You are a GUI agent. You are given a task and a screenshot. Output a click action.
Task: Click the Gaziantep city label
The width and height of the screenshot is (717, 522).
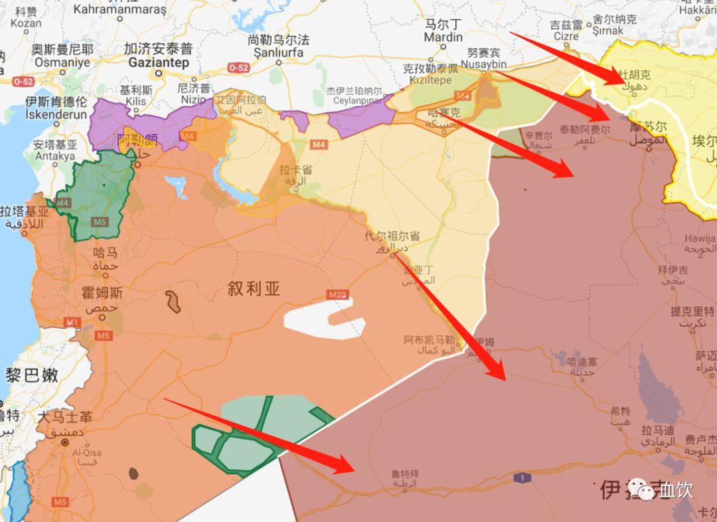pyautogui.click(x=159, y=62)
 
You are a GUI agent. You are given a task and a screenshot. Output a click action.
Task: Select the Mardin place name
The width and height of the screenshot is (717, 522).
pyautogui.click(x=443, y=37)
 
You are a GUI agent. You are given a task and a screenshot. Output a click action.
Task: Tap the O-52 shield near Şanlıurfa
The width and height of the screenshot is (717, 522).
pyautogui.click(x=238, y=68)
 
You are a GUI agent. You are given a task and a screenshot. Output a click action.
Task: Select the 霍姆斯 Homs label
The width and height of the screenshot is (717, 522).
pyautogui.click(x=102, y=292)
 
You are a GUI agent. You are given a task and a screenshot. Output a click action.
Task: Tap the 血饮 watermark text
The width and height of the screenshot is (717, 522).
pyautogui.click(x=676, y=490)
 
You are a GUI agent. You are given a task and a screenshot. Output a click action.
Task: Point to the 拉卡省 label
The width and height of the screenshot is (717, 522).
pyautogui.click(x=296, y=170)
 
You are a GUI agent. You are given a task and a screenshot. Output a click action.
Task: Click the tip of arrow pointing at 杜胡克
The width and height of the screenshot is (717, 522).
pyautogui.click(x=624, y=82)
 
